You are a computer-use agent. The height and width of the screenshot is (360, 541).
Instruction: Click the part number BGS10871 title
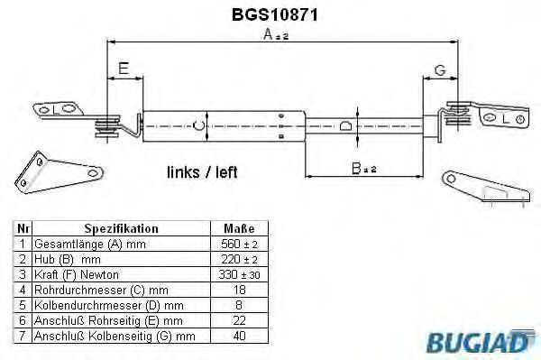pyautogui.click(x=268, y=15)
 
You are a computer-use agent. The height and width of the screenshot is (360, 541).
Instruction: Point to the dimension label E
pyautogui.click(x=124, y=68)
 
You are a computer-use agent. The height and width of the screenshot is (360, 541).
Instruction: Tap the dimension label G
pyautogui.click(x=440, y=69)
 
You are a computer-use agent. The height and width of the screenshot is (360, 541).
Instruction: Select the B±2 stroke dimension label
pyautogui.click(x=363, y=168)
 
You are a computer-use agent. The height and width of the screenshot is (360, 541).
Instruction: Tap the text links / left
pyautogui.click(x=202, y=172)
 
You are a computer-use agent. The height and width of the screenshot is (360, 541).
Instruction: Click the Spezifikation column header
pyautogui.click(x=121, y=229)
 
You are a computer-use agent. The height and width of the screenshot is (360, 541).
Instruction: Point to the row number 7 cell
pyautogui.click(x=23, y=335)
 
